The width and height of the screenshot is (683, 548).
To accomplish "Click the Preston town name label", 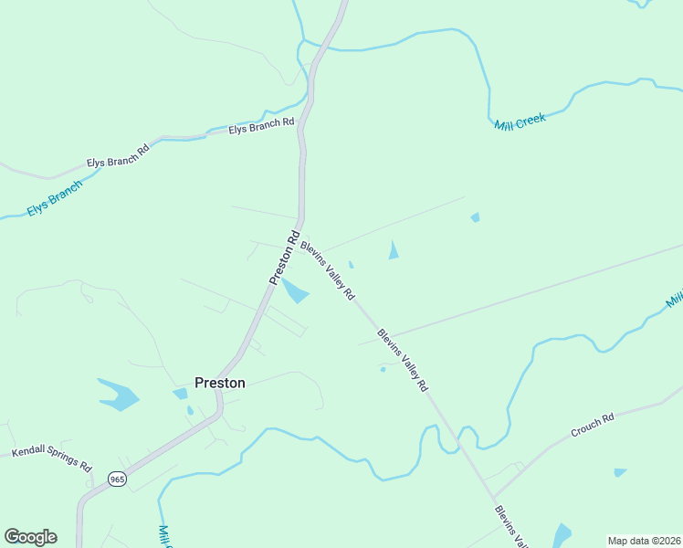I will pyautogui.click(x=220, y=383).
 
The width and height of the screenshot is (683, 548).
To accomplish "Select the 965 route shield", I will pyautogui.click(x=117, y=479).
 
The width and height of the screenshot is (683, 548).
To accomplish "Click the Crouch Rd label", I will pyautogui.click(x=593, y=426).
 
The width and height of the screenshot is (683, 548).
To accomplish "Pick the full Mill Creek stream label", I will pyautogui.click(x=520, y=121).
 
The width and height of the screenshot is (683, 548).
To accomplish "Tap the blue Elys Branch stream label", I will pyautogui.click(x=54, y=197).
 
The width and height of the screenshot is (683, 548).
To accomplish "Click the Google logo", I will pyautogui.click(x=30, y=537).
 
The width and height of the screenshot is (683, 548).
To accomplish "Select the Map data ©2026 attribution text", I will pyautogui.click(x=644, y=541).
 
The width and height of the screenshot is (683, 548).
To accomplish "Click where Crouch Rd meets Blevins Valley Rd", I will pyautogui.click(x=493, y=498).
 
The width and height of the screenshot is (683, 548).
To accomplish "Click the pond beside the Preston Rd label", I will pyautogui.click(x=294, y=291).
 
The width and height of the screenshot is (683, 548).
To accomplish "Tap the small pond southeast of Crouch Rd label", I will pyautogui.click(x=620, y=472).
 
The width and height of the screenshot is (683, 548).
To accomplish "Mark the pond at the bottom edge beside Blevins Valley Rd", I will pyautogui.click(x=562, y=535).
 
